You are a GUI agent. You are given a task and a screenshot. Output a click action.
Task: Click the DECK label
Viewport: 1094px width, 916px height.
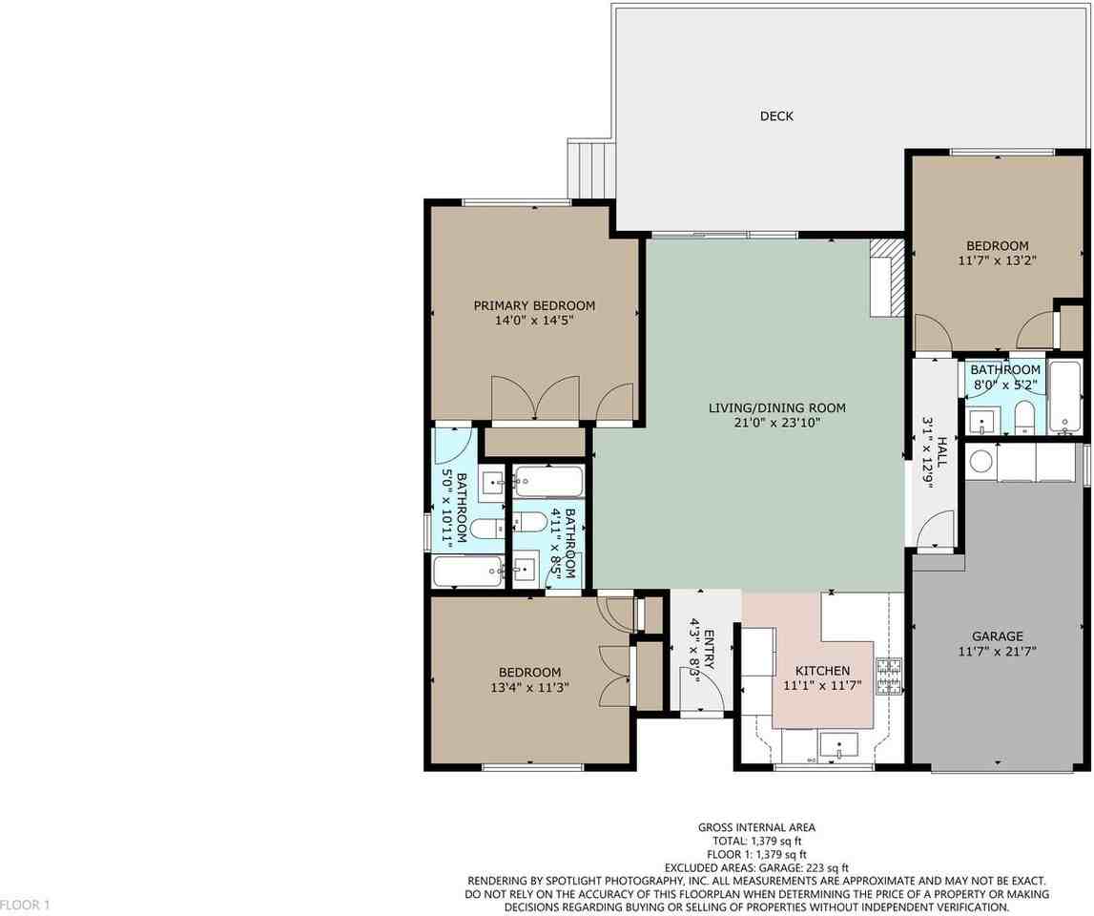click(776, 116)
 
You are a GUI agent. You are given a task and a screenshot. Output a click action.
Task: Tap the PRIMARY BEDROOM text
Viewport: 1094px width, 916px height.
click(534, 305)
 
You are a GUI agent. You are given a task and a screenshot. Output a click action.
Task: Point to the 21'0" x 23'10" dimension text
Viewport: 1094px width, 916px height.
click(776, 423)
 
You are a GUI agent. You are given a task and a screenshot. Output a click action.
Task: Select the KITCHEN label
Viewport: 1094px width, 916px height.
click(815, 671)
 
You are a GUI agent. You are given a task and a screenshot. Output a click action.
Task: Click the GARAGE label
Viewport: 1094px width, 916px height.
click(997, 636)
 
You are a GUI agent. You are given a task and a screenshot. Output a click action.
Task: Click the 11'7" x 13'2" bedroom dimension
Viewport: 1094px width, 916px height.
click(997, 260)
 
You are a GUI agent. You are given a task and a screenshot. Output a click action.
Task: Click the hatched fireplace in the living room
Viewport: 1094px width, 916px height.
click(886, 276)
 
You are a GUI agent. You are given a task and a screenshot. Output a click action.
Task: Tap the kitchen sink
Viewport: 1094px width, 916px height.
click(838, 744)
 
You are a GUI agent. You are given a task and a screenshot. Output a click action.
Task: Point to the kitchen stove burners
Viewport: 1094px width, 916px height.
click(888, 676)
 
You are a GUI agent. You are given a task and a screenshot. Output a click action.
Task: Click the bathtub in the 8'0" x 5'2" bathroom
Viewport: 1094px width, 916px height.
click(1063, 396)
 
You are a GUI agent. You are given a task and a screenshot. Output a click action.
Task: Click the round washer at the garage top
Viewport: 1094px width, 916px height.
click(980, 462)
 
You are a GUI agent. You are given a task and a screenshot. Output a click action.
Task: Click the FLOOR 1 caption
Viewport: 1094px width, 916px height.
click(24, 904)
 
